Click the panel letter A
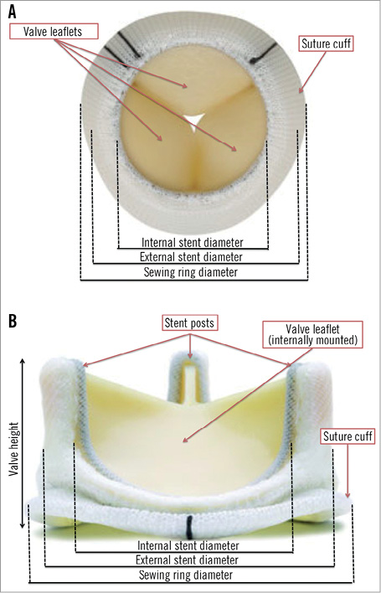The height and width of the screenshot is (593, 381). point(12,13)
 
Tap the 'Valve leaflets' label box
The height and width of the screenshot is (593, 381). point(53,31)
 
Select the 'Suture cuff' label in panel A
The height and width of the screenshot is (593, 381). point(327,44)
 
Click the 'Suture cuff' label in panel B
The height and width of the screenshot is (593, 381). point(348,436)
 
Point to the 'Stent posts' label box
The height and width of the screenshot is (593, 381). point(189,323)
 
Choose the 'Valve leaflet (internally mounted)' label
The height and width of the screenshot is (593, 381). point(312,335)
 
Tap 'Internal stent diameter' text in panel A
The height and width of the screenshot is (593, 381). point(193,242)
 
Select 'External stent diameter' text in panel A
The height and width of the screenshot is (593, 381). point(191,257)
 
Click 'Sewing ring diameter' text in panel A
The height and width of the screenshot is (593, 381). point(191,272)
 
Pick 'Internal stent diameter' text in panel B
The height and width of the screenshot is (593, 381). point(188,546)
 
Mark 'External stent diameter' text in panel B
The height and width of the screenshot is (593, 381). point(187,559)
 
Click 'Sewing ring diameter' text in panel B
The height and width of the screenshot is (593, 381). point(186,575)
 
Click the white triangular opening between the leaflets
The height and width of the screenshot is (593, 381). point(194,121)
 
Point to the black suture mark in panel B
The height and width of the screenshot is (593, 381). point(189,527)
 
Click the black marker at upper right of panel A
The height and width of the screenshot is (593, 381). point(264,52)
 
